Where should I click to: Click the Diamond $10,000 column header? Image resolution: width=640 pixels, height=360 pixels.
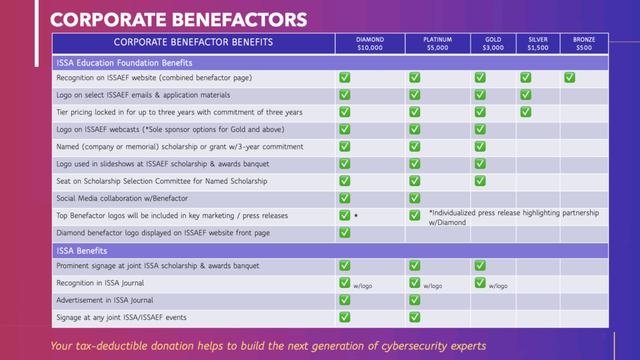point(370,43)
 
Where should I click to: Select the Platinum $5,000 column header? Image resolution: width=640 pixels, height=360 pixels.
point(437,43)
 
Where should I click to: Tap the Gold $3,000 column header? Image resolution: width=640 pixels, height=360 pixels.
point(493,43)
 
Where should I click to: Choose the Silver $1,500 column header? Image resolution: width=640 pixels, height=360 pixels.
point(537,43)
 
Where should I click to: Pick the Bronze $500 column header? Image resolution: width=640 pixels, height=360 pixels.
point(584,43)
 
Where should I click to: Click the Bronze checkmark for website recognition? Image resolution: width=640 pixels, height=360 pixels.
point(569,77)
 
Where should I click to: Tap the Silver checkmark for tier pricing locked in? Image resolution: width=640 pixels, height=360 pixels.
point(526,112)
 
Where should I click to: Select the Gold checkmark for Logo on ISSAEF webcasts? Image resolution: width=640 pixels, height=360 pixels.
point(480,129)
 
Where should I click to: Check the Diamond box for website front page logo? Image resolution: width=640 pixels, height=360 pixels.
point(344,232)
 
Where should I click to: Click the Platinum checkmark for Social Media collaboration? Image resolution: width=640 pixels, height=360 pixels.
point(414,198)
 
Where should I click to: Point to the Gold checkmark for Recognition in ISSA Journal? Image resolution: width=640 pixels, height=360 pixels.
point(480,282)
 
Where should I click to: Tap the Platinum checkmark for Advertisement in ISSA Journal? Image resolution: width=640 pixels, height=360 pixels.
point(414,300)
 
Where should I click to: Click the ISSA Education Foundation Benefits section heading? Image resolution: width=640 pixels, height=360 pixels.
point(124,62)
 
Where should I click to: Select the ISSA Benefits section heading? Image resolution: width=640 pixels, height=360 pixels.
point(82,251)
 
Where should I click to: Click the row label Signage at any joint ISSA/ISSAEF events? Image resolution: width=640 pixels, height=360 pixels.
point(121,317)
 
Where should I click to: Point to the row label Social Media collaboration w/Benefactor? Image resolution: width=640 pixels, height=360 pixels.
point(122,198)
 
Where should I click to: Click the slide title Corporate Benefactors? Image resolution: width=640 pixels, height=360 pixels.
point(178,19)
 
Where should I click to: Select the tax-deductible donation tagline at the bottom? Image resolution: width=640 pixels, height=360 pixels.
point(268,346)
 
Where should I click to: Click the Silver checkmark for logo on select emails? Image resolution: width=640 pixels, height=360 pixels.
point(526,95)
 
